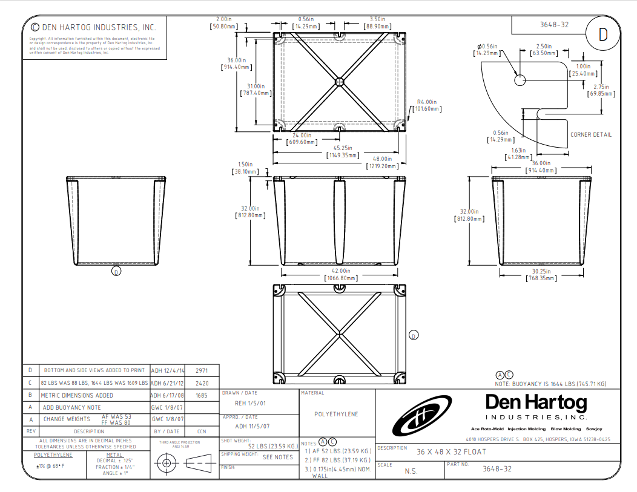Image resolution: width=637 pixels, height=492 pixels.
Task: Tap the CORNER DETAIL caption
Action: tap(590, 134)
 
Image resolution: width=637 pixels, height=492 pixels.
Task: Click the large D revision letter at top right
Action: tap(602, 35)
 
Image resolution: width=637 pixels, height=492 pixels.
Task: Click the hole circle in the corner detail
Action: tap(520, 80)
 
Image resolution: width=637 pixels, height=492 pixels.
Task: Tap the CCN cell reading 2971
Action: tap(202, 370)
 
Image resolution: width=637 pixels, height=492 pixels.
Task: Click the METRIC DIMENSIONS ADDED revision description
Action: tap(78, 395)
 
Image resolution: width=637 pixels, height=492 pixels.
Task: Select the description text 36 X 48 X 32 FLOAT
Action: tap(451, 452)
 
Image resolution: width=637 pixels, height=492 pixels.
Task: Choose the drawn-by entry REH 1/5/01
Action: tap(250, 403)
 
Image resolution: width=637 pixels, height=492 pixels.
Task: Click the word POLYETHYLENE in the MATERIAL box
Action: tap(336, 415)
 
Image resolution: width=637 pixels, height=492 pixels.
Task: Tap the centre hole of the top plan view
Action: tap(339, 81)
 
